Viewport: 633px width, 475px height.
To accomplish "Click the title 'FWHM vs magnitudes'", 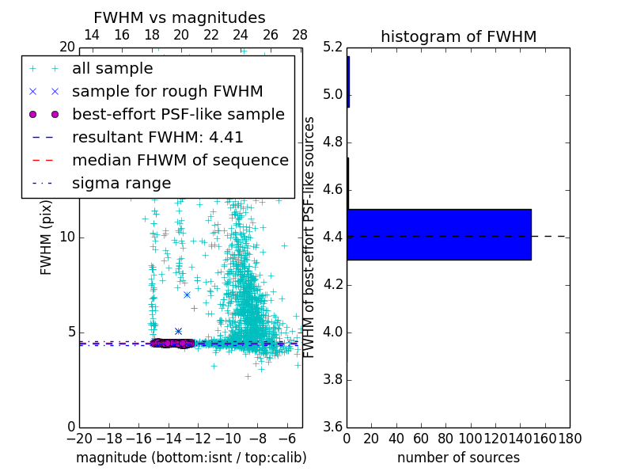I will click(180, 17).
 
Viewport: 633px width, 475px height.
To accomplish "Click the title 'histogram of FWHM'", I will click(458, 36).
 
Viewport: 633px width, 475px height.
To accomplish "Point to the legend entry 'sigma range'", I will click(121, 183).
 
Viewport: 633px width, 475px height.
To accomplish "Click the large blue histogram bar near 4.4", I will click(438, 234).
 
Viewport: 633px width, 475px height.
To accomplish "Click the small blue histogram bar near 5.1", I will click(348, 82).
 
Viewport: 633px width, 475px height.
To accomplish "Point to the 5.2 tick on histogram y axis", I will click(334, 47).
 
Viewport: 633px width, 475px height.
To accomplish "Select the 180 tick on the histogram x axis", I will click(569, 438).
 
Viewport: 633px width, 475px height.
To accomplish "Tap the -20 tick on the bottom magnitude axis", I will click(79, 438).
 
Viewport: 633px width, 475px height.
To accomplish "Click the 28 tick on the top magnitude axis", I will click(300, 35).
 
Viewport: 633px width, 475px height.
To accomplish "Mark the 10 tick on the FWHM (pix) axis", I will click(67, 237).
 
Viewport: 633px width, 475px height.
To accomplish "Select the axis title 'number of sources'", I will click(458, 458).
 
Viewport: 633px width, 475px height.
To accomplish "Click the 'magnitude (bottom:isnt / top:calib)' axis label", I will click(191, 458).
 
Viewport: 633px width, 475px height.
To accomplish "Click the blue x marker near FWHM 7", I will click(188, 294).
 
